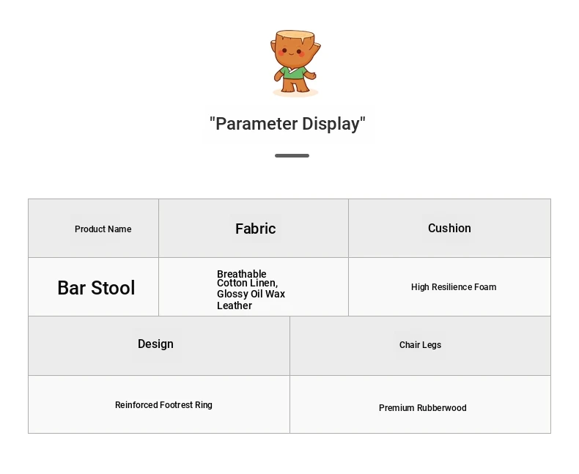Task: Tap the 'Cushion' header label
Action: coord(449,228)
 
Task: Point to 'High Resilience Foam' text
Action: coord(454,287)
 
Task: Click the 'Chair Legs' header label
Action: coord(420,345)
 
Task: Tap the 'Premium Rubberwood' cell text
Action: coord(422,408)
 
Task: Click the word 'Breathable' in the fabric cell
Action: coord(242,274)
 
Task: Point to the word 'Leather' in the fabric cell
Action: coord(235,305)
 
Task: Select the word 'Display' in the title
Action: coord(331,124)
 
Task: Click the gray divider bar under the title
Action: coord(292,156)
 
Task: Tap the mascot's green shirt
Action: coord(294,73)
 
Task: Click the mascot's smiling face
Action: coord(292,53)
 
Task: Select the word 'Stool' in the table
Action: coord(113,288)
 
